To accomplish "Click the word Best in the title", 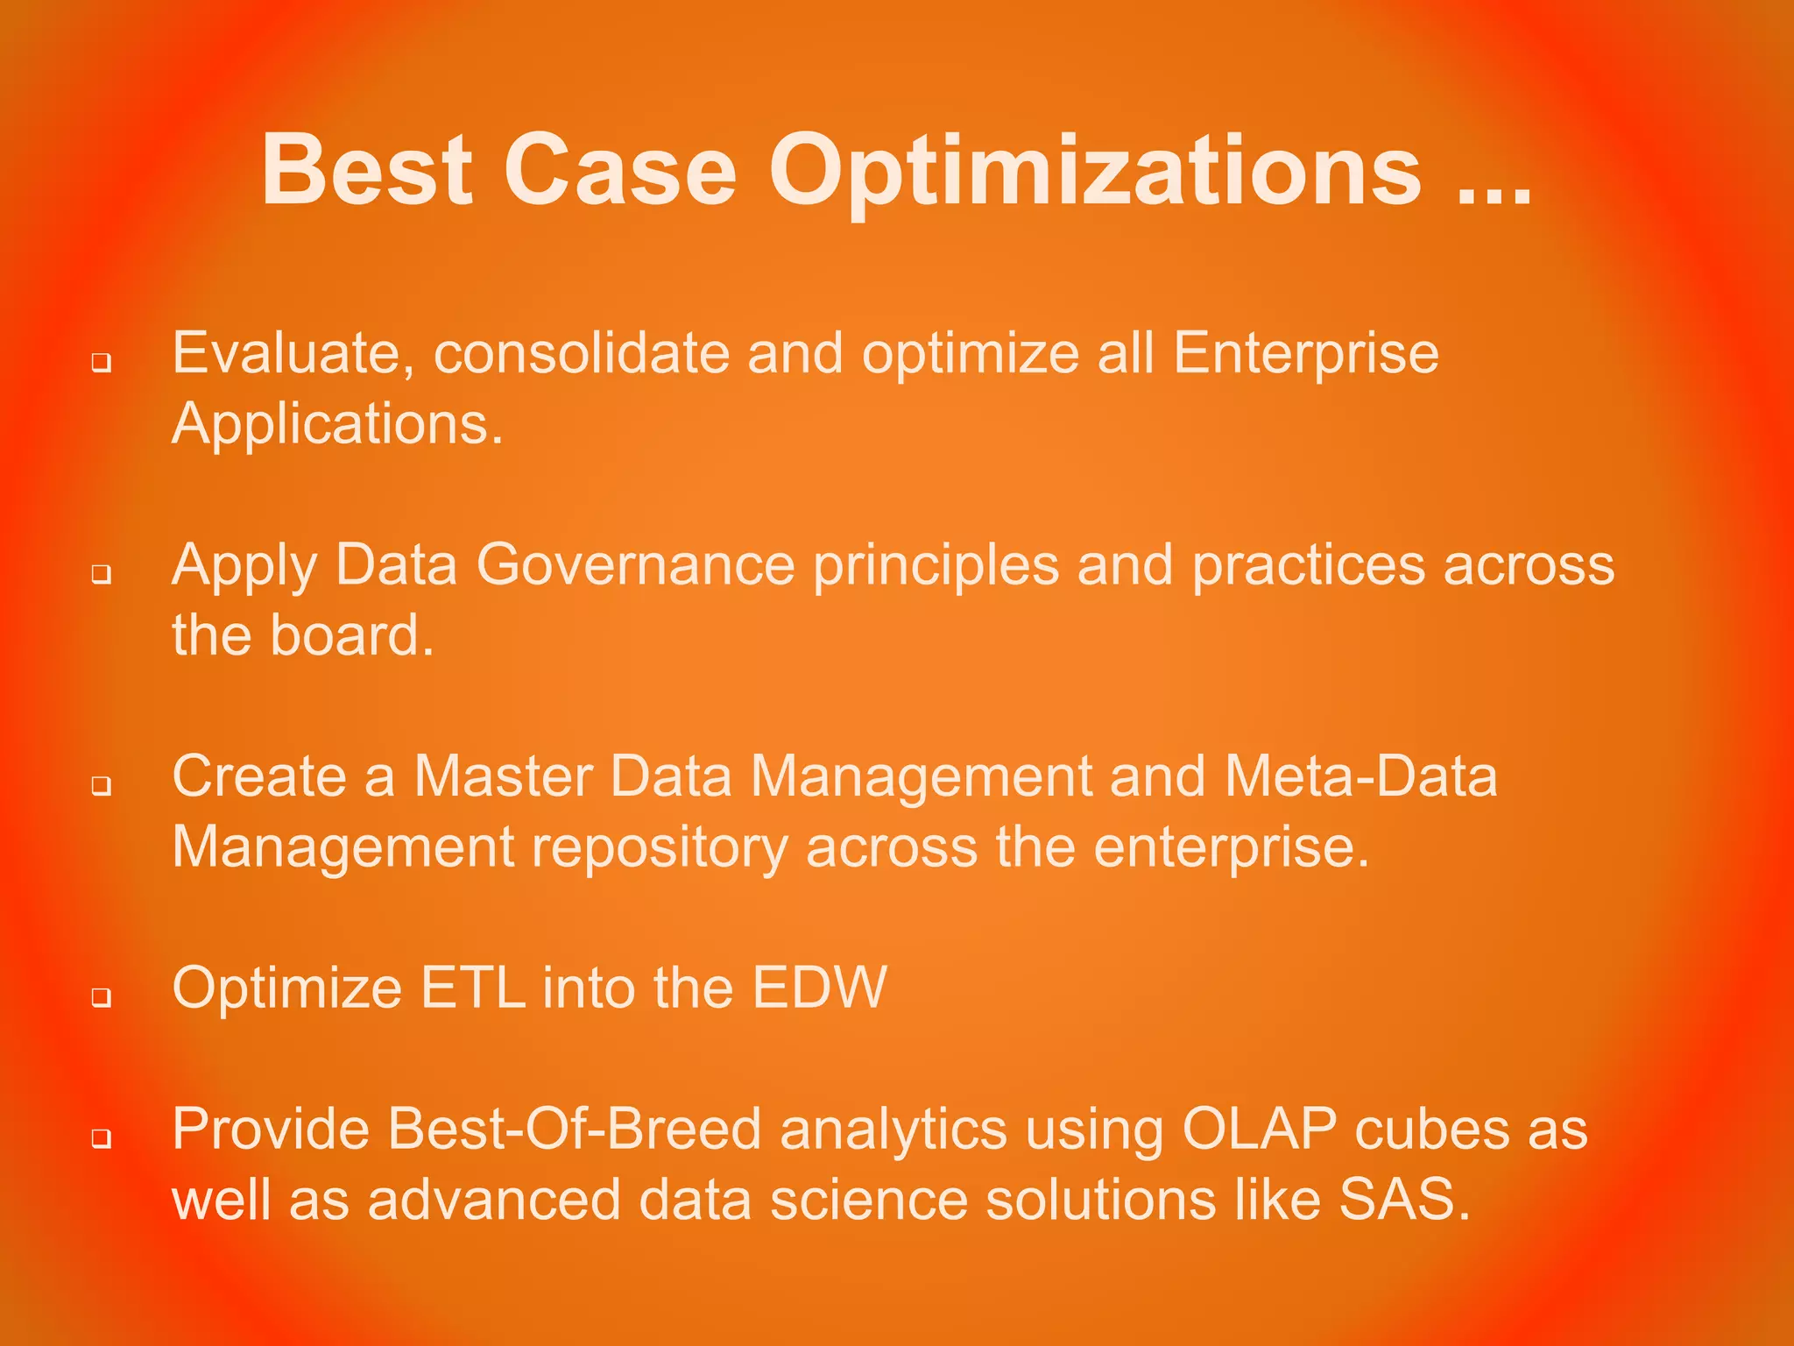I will click(366, 171).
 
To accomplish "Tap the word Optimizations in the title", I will click(1094, 171).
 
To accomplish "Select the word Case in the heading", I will click(619, 171).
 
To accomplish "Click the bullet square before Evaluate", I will click(102, 362).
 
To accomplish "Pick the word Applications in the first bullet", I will click(337, 425).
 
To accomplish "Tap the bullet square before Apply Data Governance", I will click(102, 574).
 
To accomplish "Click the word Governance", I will click(635, 565).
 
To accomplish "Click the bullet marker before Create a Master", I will click(102, 785).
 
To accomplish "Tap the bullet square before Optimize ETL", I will click(102, 997).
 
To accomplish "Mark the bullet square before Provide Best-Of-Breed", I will click(102, 1138).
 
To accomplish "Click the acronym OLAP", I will click(1259, 1130).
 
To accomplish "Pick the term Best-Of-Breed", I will click(575, 1130).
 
